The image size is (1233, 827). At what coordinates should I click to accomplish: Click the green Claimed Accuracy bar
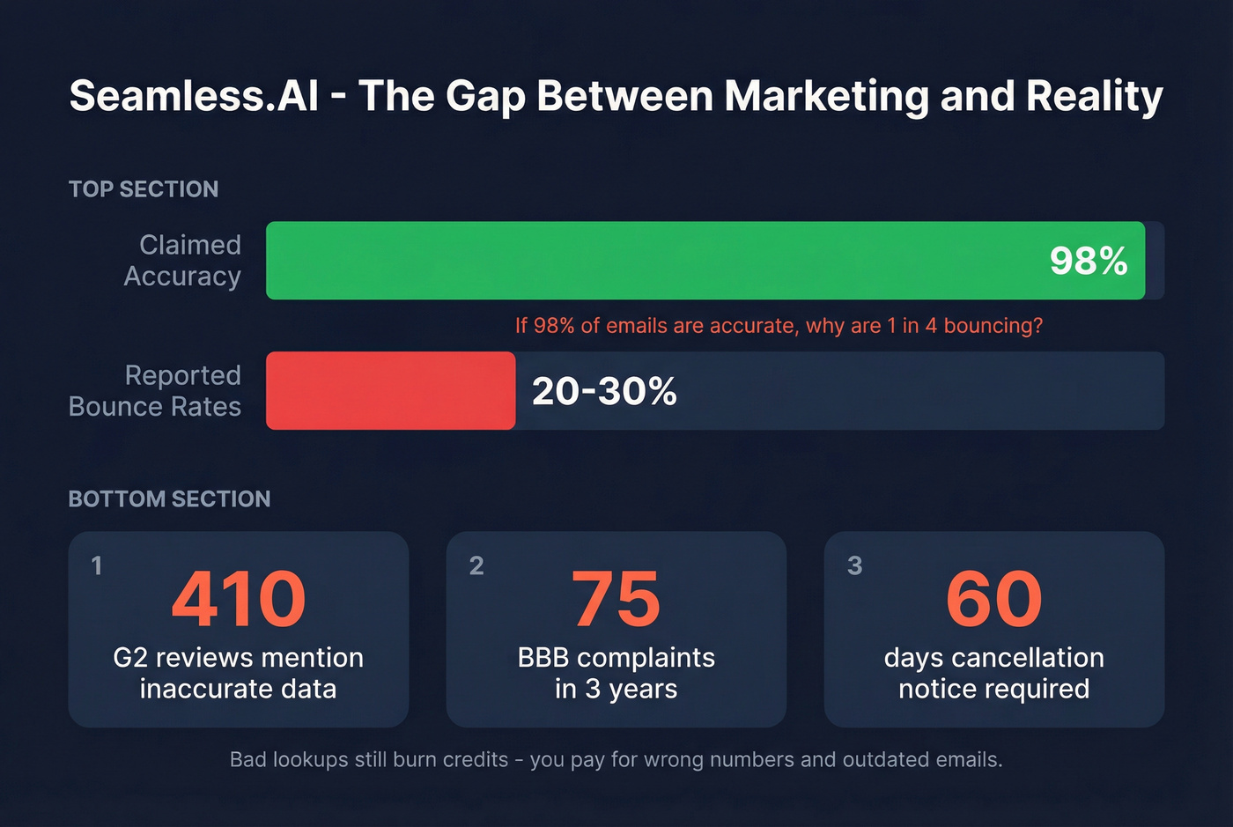coord(652,261)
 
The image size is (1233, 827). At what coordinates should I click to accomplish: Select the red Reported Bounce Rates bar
coord(390,391)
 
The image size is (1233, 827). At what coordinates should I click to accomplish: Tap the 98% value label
coord(1089,261)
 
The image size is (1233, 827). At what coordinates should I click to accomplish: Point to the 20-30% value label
coord(604,391)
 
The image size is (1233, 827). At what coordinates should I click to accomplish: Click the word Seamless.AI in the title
coord(194,96)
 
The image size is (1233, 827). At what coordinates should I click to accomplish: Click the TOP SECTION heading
coord(144,189)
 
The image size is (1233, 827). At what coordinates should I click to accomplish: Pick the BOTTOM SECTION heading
coord(169,499)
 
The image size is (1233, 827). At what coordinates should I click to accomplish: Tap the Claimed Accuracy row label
coord(182,261)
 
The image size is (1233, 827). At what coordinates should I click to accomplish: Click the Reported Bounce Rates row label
coord(155,391)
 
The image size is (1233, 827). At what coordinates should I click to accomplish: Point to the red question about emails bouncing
coord(779,326)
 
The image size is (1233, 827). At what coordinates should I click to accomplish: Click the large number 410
coord(239,600)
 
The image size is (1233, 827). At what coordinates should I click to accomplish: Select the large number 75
coord(616,600)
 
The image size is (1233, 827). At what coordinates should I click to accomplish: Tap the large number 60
coord(993,600)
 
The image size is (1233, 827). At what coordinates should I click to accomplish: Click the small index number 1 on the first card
coord(97,565)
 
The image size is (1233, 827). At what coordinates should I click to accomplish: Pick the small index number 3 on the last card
coord(854,565)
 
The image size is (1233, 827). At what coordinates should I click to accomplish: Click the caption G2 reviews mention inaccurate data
coord(239,673)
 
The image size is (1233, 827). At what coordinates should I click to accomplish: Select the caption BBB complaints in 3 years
coord(616,673)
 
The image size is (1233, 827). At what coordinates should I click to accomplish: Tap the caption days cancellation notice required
coord(993,673)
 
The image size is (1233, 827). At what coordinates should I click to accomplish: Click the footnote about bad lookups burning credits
coord(616,759)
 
